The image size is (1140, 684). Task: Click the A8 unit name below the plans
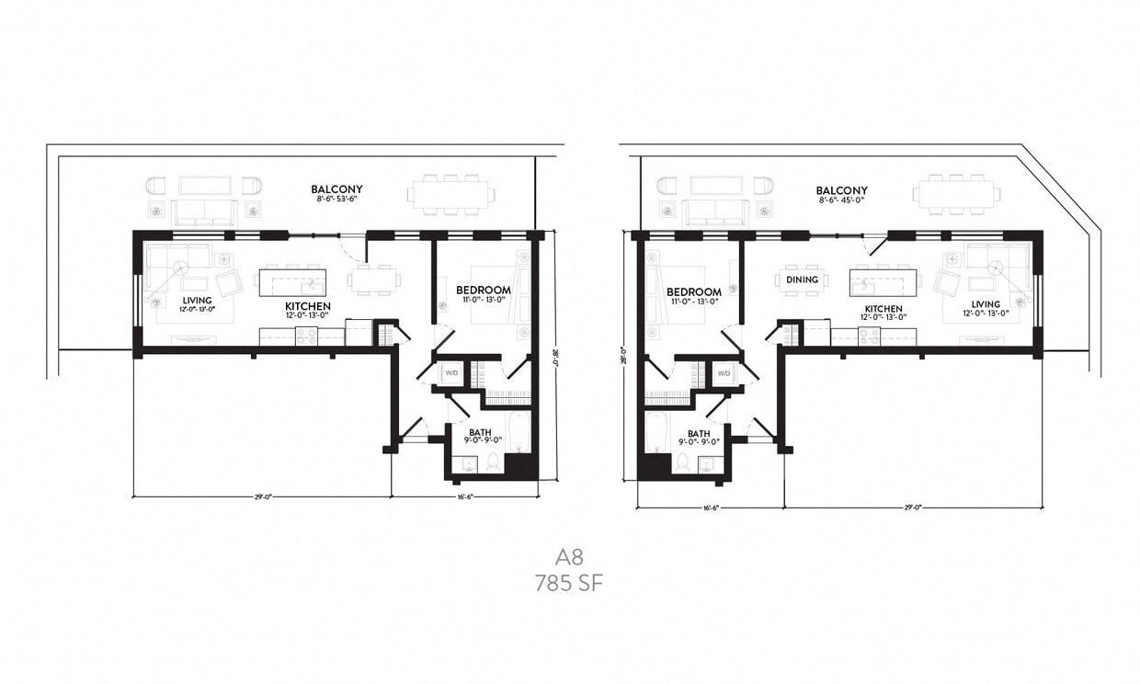coord(569,556)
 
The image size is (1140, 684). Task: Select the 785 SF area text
coord(569,583)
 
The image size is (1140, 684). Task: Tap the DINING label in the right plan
coord(801,280)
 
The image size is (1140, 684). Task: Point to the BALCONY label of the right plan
coord(841,190)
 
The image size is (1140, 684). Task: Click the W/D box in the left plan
coord(451,372)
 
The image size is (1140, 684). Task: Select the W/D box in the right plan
coord(724,373)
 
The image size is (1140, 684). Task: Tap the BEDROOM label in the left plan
coord(484,291)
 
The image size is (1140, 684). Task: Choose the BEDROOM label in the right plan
coord(693,292)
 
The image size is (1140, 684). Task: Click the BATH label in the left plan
coord(479,432)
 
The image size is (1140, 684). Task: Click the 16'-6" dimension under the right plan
coord(709,507)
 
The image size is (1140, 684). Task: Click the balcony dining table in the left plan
coord(450,195)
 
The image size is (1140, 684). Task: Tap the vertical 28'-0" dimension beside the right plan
coord(624,354)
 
